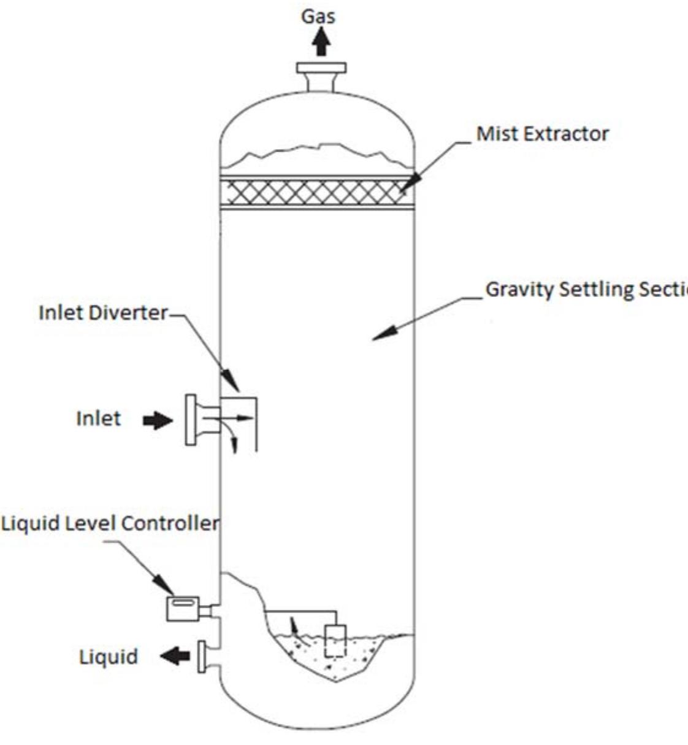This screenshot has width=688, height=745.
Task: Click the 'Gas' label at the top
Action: pos(318,16)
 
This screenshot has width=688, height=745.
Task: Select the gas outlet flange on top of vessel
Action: pos(321,68)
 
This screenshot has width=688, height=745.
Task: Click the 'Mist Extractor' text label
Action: pos(543,134)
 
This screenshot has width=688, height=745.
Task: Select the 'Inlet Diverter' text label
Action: pos(102,312)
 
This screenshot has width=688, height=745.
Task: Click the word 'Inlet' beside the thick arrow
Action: pos(98,419)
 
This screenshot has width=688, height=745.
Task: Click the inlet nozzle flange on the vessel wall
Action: pos(191,419)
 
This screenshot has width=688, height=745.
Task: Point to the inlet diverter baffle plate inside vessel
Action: pos(256,423)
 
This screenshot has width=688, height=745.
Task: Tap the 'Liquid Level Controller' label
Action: pos(110,523)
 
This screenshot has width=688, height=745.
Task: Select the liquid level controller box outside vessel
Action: pos(183,608)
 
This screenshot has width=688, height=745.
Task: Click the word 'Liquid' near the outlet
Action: pos(109,657)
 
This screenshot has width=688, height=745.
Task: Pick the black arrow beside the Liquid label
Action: pos(175,657)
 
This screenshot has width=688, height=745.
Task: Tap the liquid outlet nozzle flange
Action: pos(201,657)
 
